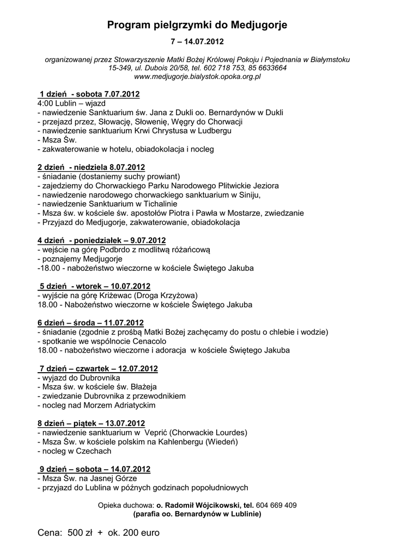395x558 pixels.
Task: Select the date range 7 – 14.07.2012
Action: coord(197,42)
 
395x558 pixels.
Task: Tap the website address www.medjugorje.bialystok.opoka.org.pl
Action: coord(197,77)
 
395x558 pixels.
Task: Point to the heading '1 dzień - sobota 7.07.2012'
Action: coord(89,94)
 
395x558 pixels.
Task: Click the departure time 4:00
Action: coord(47,103)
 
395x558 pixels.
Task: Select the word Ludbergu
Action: coord(216,131)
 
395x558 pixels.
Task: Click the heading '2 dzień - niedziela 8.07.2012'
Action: coord(91,167)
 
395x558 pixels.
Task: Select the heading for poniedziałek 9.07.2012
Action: coord(102,240)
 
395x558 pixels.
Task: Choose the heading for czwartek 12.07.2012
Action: coord(98,369)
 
